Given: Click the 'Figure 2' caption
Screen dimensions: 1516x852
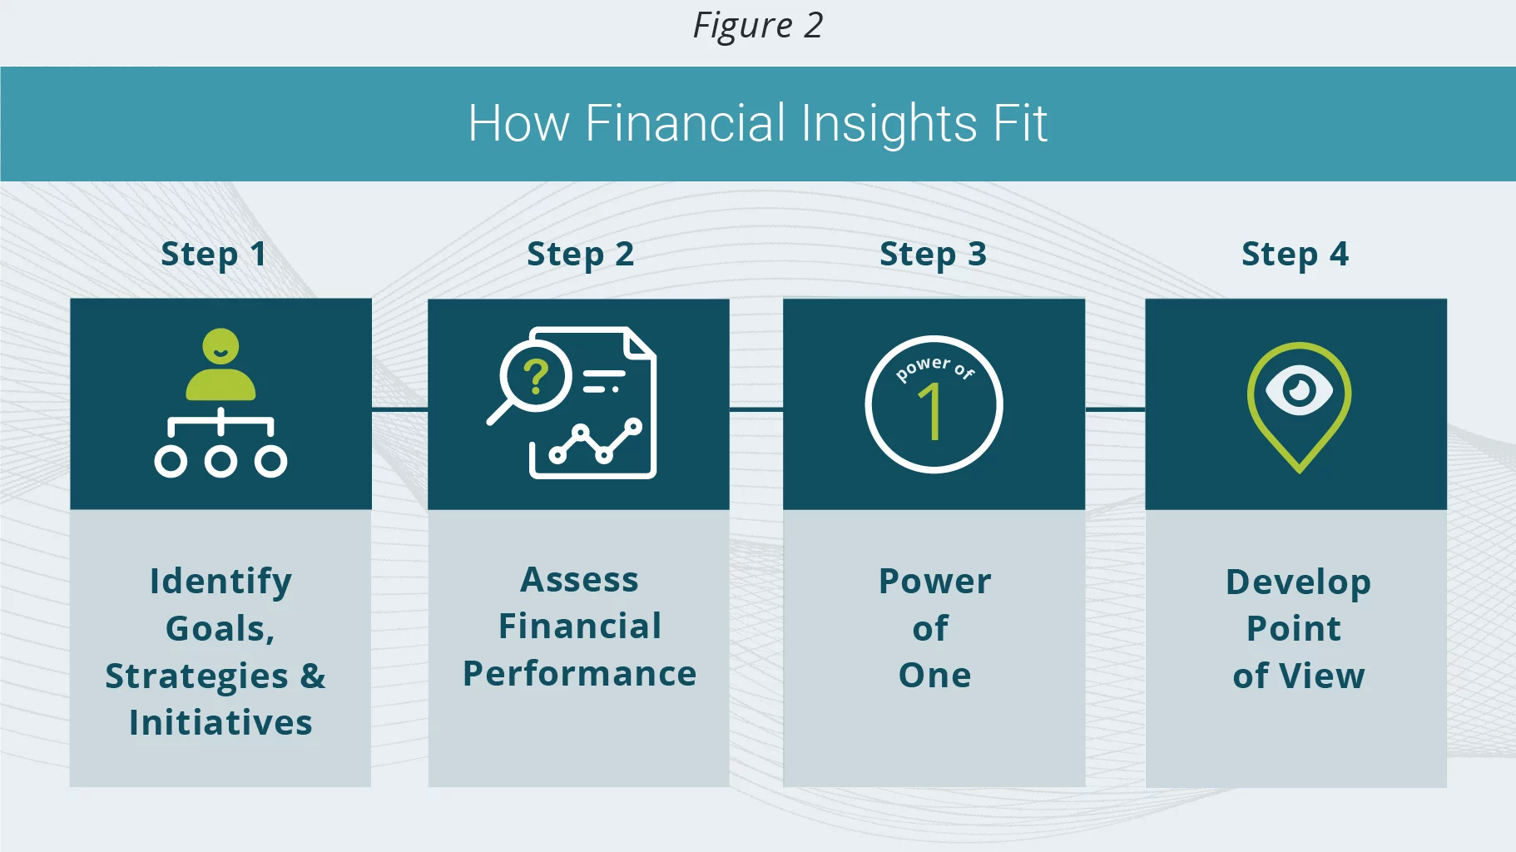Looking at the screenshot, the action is pos(758,26).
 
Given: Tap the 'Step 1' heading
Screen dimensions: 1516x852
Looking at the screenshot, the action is pos(214,255).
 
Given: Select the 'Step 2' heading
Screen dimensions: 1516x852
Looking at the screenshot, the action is pos(581,255).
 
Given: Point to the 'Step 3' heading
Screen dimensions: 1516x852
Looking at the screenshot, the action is pos(933,255).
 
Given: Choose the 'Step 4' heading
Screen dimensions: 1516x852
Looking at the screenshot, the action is pos(1295,255).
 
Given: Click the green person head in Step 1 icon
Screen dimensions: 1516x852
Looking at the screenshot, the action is pos(220,346).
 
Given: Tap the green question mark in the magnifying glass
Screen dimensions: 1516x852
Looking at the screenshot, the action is pos(537,377).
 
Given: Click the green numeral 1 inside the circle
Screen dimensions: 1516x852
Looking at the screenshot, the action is pos(931,411).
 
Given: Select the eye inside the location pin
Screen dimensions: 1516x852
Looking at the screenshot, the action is pos(1299,389).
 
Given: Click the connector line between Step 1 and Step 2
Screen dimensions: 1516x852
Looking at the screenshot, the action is pos(399,409).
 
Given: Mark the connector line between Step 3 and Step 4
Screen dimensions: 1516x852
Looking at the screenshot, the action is pos(1115,409).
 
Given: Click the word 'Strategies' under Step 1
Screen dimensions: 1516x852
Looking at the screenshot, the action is pos(196,676).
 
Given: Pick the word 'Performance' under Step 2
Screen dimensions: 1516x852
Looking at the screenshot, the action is pos(580,674).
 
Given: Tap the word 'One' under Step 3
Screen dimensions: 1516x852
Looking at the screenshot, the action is pos(934,675).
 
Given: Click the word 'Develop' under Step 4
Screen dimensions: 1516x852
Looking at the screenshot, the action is pos(1298,582).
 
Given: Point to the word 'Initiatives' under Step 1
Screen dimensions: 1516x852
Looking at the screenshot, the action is pos(220,722).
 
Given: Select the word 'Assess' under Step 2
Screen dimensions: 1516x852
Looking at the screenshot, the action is pos(579,579).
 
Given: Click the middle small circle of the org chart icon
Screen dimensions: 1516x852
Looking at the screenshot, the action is pos(220,461).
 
